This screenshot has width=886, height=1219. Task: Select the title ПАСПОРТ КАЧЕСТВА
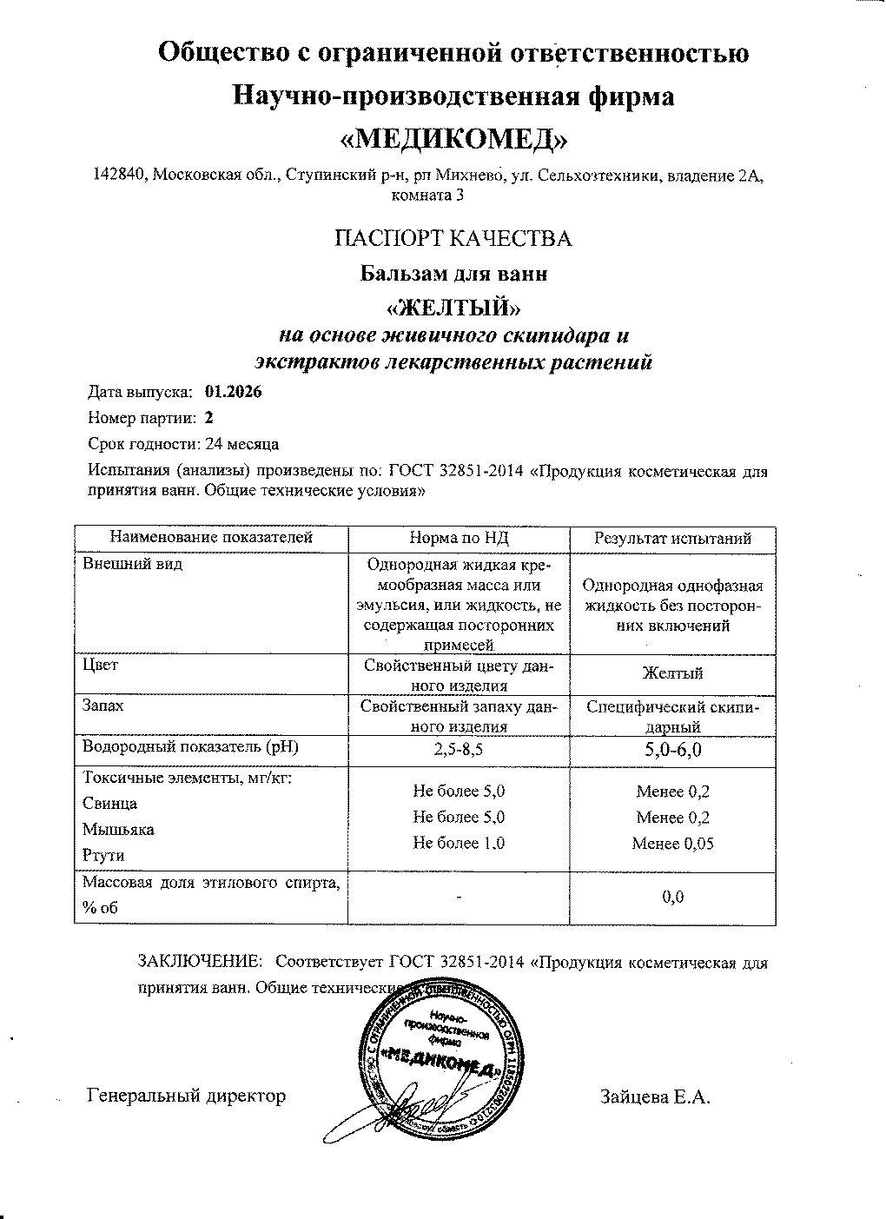453,239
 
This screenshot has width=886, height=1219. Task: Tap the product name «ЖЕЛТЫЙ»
453,308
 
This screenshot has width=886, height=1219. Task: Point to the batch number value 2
208,418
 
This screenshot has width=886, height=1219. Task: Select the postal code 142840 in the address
120,176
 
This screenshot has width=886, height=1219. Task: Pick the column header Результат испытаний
672,539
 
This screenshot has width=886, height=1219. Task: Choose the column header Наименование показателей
211,539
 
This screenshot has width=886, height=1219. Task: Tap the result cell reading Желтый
672,673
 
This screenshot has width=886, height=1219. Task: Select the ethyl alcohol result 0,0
672,898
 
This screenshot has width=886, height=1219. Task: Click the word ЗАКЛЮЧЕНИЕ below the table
200,962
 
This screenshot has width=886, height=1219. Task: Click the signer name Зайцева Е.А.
655,1096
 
